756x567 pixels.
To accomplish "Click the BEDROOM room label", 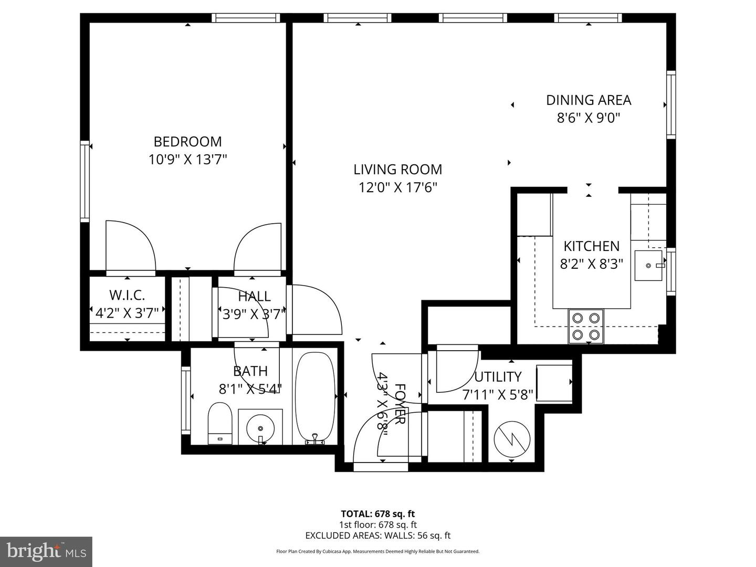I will tap(187, 142).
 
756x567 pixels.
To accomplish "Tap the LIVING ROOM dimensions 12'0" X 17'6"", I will tap(397, 187).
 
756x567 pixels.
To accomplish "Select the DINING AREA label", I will tap(589, 100).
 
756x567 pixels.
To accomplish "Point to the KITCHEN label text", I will tap(591, 246).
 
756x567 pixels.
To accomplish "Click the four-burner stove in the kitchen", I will tap(586, 326).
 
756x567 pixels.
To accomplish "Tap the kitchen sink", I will tap(649, 266).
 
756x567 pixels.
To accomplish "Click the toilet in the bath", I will tap(220, 424).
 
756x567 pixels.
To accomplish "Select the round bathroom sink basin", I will tap(260, 427).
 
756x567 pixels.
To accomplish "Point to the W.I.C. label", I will tap(127, 295).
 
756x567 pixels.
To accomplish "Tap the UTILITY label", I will tap(498, 377).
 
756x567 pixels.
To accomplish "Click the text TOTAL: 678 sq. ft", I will tap(377, 513).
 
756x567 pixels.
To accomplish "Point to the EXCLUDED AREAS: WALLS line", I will tap(377, 535).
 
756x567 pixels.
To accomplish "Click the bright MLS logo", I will tap(46, 551).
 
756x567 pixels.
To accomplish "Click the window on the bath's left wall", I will tap(185, 399).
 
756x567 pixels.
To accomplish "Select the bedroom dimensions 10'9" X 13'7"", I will tap(187, 160).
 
